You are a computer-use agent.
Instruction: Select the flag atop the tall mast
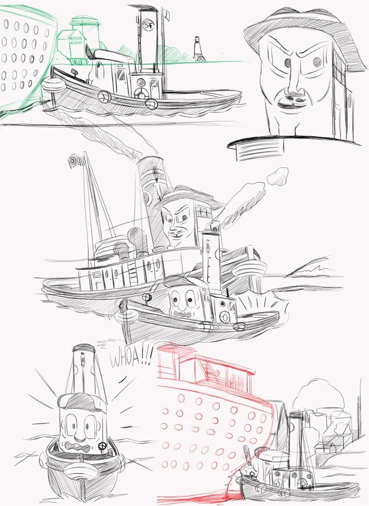point(73,161)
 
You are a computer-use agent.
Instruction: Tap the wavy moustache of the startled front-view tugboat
point(80,448)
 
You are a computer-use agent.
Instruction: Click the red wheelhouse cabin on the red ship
point(211,365)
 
